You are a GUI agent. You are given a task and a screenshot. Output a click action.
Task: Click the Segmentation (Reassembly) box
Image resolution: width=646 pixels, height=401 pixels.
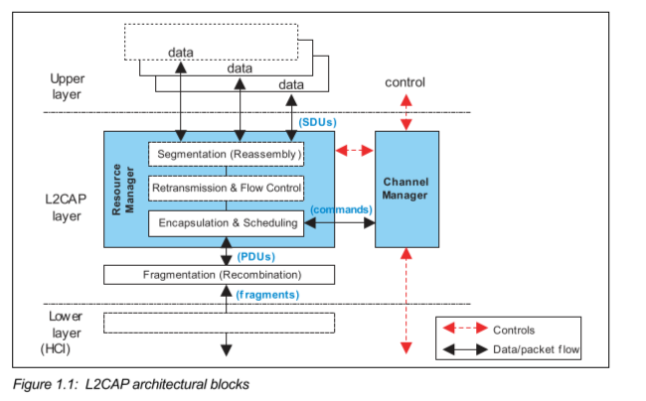coord(226,155)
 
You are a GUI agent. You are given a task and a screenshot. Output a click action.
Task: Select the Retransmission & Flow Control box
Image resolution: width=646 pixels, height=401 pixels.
coord(226,188)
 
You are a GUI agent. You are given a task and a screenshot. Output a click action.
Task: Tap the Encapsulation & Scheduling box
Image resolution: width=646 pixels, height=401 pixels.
coord(226,223)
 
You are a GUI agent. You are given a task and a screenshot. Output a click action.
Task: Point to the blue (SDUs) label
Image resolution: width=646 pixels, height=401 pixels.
coord(317,122)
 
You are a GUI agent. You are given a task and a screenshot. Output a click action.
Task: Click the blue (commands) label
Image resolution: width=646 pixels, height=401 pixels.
coord(340,210)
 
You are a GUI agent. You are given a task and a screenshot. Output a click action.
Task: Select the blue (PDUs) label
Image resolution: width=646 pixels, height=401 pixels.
coord(257,256)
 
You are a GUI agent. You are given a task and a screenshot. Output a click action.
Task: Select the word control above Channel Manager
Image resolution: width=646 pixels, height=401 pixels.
coord(404,82)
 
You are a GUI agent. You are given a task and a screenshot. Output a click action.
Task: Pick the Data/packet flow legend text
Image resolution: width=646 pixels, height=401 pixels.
coord(536,350)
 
